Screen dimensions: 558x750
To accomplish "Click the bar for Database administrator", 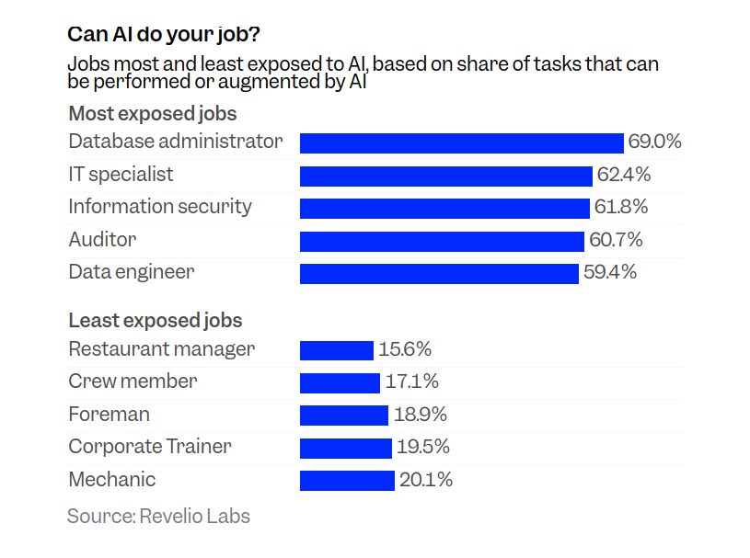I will pyautogui.click(x=462, y=142).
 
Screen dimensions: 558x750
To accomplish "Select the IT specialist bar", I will pyautogui.click(x=446, y=176).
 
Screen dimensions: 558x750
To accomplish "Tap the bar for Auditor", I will pyautogui.click(x=442, y=241).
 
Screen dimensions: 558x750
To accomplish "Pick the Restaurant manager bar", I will pyautogui.click(x=337, y=350).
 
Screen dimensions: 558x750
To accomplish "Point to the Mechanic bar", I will pyautogui.click(x=347, y=481).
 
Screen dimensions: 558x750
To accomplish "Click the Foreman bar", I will pyautogui.click(x=344, y=416).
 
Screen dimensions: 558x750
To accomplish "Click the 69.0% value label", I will pyautogui.click(x=654, y=142).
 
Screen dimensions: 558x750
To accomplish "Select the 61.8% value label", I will pyautogui.click(x=621, y=208).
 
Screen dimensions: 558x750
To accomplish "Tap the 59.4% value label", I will pyautogui.click(x=610, y=273).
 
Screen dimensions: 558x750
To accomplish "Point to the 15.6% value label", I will pyautogui.click(x=405, y=350).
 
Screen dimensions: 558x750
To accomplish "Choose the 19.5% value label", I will pyautogui.click(x=422, y=448).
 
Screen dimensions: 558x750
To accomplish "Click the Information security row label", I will pyautogui.click(x=160, y=207).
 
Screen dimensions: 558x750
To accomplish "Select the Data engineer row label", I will pyautogui.click(x=132, y=272).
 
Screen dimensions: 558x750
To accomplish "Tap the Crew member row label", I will pyautogui.click(x=133, y=381).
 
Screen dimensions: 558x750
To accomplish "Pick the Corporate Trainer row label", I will pyautogui.click(x=150, y=447).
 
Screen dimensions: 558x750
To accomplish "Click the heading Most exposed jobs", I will pyautogui.click(x=153, y=115).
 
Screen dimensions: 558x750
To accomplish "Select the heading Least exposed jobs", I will pyautogui.click(x=156, y=321).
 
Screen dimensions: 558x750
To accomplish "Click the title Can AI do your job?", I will pyautogui.click(x=164, y=35).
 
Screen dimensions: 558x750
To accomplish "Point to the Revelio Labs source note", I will pyautogui.click(x=158, y=516).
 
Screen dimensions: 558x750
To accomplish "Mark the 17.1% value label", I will pyautogui.click(x=411, y=382).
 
